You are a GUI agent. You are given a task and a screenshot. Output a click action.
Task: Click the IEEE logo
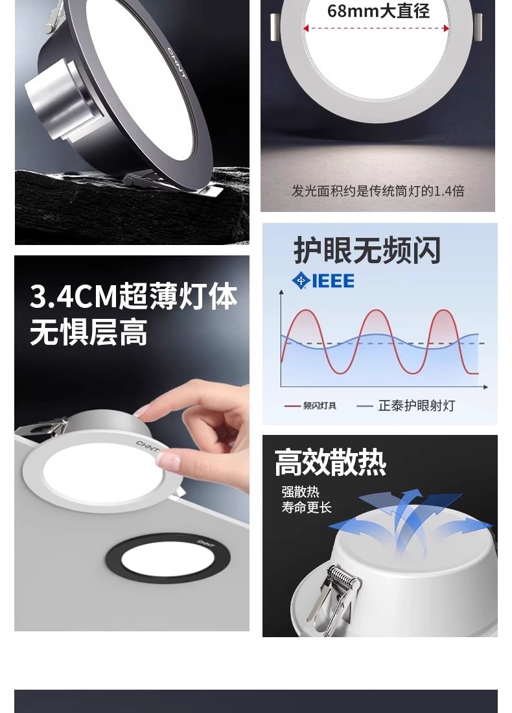[323, 281]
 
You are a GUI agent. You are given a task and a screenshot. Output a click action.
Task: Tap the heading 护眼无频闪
[367, 250]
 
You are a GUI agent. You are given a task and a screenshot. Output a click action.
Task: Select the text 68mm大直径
[378, 11]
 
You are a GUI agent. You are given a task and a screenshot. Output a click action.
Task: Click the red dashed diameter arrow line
[376, 28]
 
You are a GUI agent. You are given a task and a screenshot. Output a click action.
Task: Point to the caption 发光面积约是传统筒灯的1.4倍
[378, 191]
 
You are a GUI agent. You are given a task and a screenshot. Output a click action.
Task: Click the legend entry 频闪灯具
[310, 406]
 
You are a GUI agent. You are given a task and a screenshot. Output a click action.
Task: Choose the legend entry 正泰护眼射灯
[406, 406]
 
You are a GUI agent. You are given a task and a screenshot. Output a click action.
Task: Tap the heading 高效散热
[331, 462]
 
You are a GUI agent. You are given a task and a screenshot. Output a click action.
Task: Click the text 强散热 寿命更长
[307, 499]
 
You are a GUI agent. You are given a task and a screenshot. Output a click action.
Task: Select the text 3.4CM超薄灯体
[134, 296]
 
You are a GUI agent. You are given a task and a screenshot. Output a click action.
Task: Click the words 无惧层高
[89, 333]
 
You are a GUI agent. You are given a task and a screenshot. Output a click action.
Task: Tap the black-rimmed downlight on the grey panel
[169, 559]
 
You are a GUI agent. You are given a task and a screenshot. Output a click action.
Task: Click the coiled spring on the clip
[341, 577]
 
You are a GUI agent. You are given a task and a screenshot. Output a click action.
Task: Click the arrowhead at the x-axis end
[485, 387]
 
